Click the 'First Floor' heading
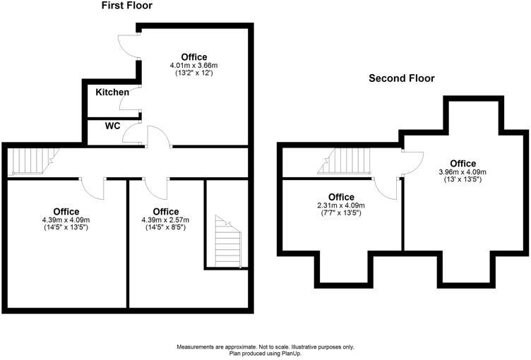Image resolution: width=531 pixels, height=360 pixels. click(127, 6)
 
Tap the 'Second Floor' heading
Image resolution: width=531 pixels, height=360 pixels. click(402, 78)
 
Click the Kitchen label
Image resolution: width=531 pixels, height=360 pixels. click(112, 92)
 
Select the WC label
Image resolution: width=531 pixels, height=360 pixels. click(112, 127)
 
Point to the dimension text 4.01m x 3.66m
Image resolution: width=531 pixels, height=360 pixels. click(194, 66)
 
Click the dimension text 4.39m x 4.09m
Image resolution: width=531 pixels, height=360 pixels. click(66, 220)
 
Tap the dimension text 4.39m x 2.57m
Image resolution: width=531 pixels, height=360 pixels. click(165, 220)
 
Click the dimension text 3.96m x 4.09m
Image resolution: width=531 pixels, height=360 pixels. click(463, 172)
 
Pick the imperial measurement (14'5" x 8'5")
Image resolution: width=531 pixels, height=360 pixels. click(165, 227)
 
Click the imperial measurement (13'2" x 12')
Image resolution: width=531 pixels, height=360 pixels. click(194, 73)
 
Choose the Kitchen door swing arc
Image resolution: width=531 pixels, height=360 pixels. click(130, 102)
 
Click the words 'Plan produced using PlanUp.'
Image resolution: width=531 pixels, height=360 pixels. click(265, 354)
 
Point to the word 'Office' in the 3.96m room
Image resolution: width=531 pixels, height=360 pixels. click(463, 164)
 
